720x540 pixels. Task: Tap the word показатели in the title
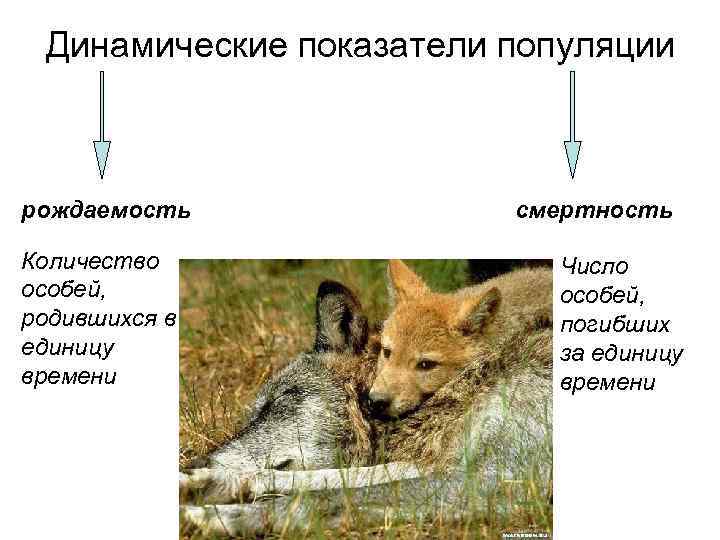pos(371,46)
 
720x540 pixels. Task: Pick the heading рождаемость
pos(106,211)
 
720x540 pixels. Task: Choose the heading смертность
pos(594,211)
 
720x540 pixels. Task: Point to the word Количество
pos(91,262)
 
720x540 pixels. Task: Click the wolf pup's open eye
pos(426,363)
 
